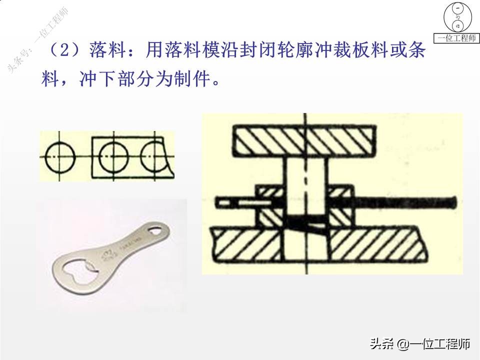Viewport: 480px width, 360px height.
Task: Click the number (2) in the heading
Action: pos(62,50)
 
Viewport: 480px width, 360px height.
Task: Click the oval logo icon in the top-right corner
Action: pos(457,17)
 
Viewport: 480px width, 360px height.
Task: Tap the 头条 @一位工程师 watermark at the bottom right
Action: pos(419,344)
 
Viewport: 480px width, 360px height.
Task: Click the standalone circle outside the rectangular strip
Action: pos(60,155)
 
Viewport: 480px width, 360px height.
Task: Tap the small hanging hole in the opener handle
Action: pos(156,230)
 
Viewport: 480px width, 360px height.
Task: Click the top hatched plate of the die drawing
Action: pos(305,140)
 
